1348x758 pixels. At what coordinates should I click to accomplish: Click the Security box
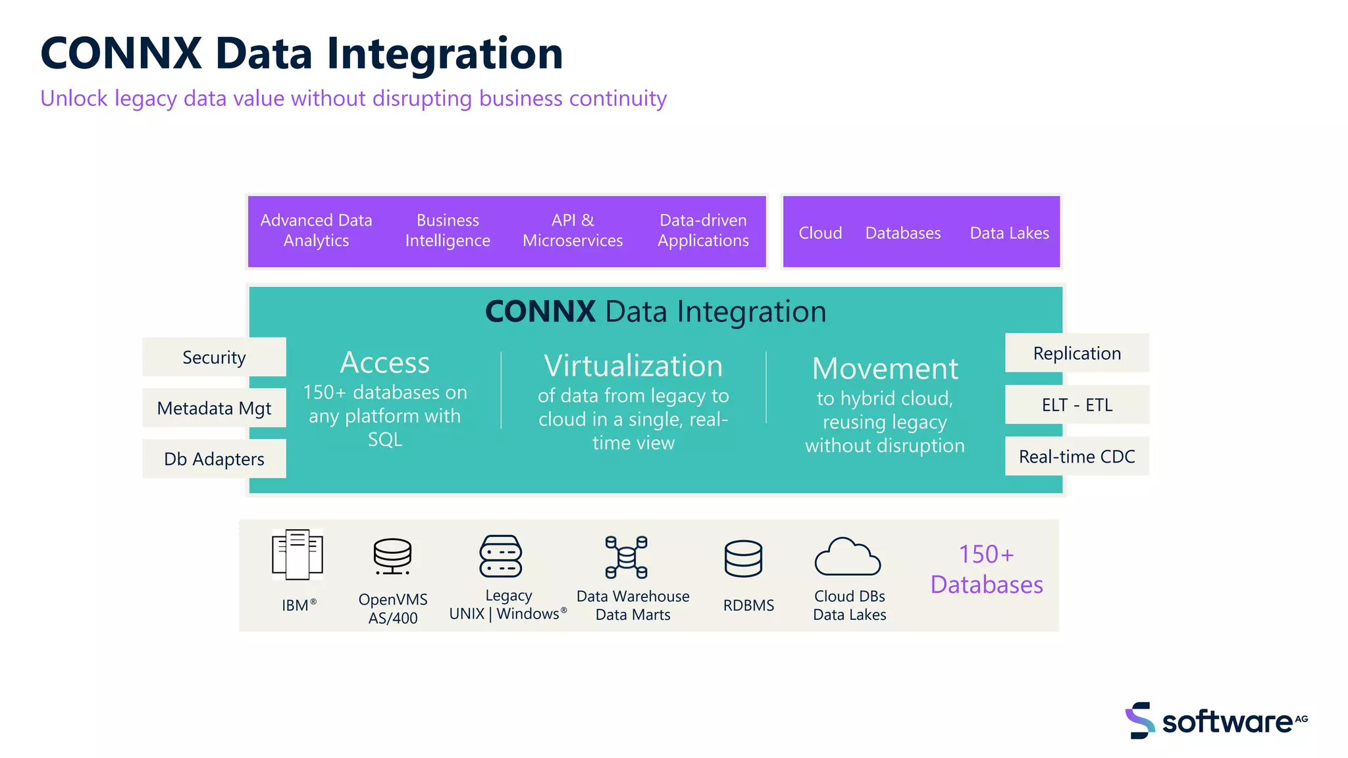214,357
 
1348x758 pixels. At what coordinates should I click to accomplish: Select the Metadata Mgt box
214,408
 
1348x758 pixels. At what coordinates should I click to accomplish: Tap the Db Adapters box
214,459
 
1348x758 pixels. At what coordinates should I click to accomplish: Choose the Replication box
1077,353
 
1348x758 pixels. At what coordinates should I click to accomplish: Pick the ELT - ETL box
1077,405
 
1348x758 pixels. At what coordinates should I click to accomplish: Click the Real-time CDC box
1077,456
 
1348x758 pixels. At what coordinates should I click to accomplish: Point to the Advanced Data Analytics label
316,230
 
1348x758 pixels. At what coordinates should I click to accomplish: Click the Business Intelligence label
448,230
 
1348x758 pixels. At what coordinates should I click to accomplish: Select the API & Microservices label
573,230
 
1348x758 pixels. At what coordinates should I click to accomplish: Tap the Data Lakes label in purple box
1009,233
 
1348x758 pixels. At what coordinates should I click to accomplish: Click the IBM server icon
298,555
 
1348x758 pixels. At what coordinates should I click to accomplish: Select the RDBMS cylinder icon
743,559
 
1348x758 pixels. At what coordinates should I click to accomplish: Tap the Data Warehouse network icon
626,557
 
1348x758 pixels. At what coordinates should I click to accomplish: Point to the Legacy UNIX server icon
501,557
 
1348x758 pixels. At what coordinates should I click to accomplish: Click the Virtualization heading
633,366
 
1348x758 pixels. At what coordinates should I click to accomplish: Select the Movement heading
885,368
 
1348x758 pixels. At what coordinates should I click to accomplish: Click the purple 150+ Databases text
986,569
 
